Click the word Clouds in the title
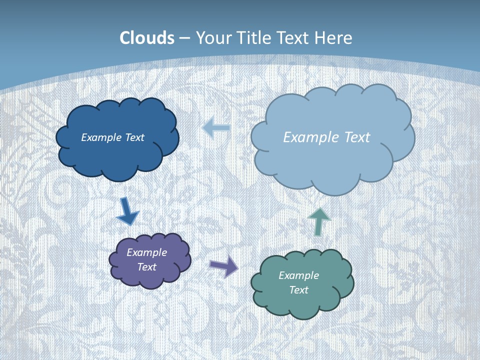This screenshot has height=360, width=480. tap(147, 38)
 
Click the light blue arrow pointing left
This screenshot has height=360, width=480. tap(216, 128)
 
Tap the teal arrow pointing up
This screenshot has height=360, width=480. tap(318, 220)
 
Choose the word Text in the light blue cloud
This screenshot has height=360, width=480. tap(353, 137)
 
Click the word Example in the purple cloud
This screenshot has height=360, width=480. tap(147, 252)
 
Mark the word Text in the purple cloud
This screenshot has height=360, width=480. tap(147, 267)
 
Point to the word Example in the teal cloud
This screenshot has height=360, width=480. tap(298, 275)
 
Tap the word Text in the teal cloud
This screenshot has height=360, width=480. tap(298, 290)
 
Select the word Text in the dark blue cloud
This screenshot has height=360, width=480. tap(134, 137)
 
